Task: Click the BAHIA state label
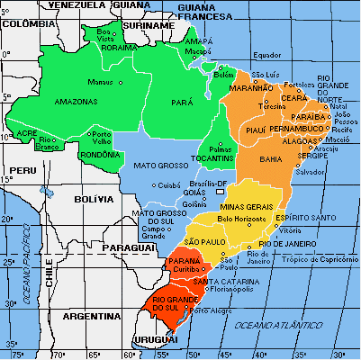tap(270, 158)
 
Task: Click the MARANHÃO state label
tap(257, 87)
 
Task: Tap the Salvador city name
tap(310, 171)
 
